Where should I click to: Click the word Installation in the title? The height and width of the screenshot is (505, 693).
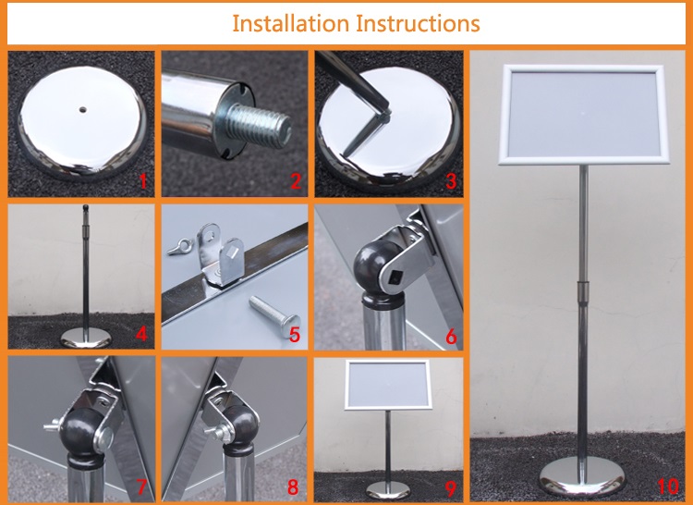[291, 23]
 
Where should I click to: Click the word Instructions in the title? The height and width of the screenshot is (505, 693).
[418, 23]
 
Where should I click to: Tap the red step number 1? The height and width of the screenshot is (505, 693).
[142, 181]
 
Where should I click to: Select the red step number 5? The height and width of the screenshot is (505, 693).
[295, 335]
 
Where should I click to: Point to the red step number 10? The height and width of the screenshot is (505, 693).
[668, 486]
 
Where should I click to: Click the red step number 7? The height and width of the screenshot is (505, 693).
[141, 487]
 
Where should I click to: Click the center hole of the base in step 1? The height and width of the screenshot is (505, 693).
[82, 108]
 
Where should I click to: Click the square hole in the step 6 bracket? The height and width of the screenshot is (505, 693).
[393, 278]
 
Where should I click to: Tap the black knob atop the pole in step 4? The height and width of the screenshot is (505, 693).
[86, 207]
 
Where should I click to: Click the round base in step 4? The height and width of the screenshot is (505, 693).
[86, 338]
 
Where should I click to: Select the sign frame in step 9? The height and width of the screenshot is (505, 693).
[388, 384]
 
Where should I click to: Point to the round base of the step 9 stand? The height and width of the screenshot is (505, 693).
[388, 490]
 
